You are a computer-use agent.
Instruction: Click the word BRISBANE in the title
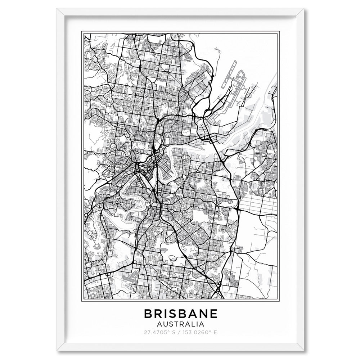pos(181,314)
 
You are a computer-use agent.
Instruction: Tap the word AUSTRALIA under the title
pos(181,324)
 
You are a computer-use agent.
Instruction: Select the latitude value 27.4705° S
pos(157,333)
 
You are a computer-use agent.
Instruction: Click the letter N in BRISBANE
pos(202,314)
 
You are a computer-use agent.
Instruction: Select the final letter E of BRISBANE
pos(213,314)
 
